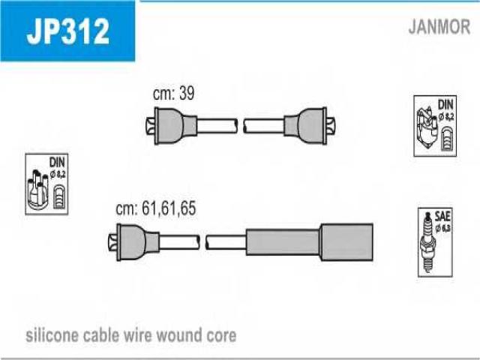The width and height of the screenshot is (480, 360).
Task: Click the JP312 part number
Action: (x=68, y=31)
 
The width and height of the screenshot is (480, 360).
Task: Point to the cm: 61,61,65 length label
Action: (x=155, y=210)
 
